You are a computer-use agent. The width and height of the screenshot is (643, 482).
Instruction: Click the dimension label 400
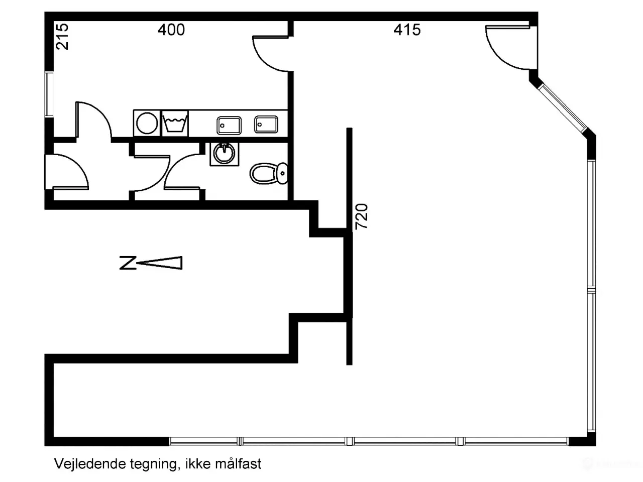[171, 30]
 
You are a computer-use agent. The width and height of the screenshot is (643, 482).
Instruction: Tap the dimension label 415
[407, 30]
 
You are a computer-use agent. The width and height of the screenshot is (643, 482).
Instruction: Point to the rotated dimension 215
[62, 37]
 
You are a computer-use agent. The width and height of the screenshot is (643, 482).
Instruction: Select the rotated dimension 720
[362, 216]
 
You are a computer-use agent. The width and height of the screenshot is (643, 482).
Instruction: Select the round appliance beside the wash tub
[146, 123]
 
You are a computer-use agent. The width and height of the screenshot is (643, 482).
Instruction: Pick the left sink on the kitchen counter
[229, 125]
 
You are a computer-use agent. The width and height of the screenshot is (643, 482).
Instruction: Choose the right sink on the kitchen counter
[266, 124]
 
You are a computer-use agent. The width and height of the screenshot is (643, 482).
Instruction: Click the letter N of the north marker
[128, 263]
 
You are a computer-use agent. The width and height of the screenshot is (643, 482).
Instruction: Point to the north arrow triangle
[161, 263]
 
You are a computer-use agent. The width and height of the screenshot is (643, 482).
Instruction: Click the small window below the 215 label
[49, 94]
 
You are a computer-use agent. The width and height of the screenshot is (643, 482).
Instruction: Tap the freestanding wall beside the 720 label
[349, 246]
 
